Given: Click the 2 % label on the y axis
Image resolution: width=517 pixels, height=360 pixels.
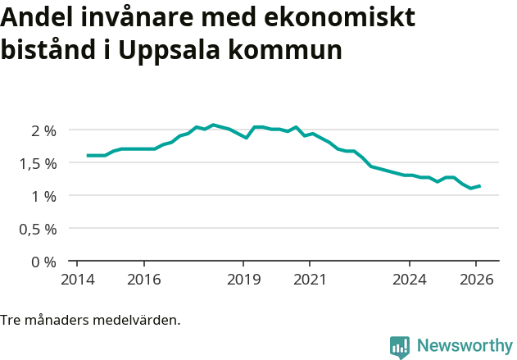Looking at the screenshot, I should point(44,130).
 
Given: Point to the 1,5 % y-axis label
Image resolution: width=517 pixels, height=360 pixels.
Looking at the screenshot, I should point(39,163).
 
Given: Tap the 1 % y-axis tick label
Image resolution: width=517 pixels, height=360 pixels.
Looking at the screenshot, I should point(44,196).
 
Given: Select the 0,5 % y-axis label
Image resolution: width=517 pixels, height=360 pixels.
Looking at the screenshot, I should point(39,229).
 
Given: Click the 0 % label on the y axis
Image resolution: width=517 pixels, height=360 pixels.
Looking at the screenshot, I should point(44,262).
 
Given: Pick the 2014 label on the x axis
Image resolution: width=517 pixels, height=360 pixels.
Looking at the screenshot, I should point(76,279).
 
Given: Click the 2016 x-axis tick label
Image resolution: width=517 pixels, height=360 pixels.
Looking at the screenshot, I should point(143,279).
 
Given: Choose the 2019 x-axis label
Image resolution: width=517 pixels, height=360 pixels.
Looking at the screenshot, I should point(243,279).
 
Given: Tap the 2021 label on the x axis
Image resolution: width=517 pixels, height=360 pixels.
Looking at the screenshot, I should point(310,279).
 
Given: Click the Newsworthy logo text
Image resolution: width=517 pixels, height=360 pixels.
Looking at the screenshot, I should point(465,346).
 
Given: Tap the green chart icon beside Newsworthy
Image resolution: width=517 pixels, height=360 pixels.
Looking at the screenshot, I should point(400,347).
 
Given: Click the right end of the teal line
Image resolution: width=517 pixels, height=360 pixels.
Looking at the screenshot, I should point(479,186).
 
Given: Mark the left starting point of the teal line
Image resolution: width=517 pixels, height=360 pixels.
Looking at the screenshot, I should point(87,156).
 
